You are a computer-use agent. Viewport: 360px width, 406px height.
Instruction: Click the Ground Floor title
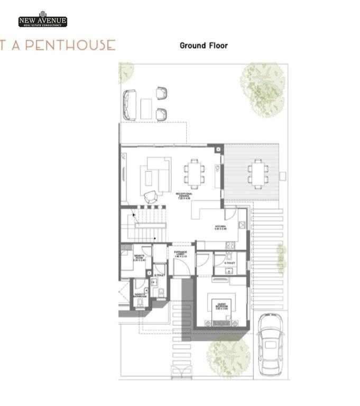pos(204,45)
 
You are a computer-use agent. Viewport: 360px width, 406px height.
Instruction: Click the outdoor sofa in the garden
pos(130,105)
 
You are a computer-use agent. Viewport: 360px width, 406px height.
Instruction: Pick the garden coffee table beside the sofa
pos(145,108)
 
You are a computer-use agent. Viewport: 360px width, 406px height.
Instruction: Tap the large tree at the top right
pos(262,81)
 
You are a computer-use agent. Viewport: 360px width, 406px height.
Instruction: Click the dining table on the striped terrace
pos(258,173)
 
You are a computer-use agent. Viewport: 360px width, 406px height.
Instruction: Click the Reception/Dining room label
pos(184,196)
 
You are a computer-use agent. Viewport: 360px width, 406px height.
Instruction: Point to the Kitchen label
pos(220,228)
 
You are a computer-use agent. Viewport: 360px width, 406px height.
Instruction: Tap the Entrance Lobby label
pos(181,254)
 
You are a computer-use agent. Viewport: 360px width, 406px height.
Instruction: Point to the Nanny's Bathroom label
pos(141,296)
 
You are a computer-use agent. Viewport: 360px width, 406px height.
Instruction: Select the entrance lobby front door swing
pos(180,267)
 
